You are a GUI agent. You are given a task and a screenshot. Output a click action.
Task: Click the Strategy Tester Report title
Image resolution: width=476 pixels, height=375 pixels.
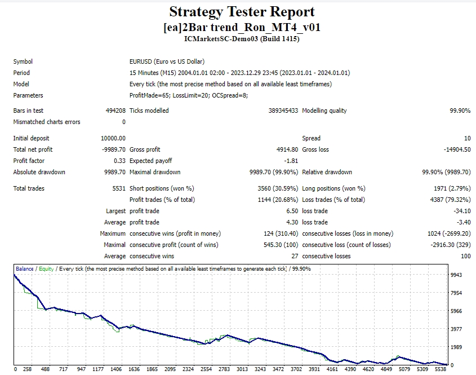242,12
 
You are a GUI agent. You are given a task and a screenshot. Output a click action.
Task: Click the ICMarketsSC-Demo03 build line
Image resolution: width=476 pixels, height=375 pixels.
242,39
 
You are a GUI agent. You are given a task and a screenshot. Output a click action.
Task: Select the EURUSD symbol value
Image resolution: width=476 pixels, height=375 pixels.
167,61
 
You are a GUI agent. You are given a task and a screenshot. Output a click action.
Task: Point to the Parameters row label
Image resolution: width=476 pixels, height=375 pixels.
28,95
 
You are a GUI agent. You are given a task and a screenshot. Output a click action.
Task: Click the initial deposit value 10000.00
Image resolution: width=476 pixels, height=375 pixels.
113,138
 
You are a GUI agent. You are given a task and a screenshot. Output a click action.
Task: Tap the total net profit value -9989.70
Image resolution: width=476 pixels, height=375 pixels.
113,149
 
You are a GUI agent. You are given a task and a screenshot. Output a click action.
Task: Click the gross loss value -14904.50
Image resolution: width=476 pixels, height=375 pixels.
456,149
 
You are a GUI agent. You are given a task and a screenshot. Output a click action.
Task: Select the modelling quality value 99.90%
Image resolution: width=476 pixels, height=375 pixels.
460,111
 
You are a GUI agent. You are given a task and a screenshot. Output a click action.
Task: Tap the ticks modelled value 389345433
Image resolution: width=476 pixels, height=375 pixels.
283,111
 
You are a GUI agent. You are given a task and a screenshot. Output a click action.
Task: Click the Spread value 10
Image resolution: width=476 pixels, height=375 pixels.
467,138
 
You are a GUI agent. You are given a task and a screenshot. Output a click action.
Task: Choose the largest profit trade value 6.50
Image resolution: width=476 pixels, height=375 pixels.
291,211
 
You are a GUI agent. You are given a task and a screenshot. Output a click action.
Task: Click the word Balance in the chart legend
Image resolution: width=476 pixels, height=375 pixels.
25,269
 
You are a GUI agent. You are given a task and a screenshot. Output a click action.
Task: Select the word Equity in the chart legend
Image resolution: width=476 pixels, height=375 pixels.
47,269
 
